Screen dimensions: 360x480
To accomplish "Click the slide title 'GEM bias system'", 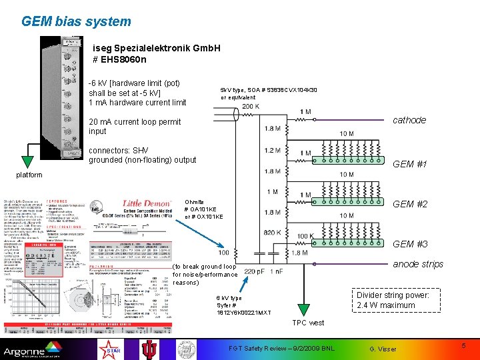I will tap(76, 21).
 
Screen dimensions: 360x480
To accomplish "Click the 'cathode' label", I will tap(409, 120).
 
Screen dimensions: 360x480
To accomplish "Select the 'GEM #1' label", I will tap(410, 164).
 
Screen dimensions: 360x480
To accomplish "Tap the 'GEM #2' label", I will tap(410, 204).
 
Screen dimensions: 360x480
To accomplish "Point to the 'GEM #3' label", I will tap(410, 244).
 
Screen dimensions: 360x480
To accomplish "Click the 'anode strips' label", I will tap(418, 264).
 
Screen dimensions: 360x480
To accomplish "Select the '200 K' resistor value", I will tap(251, 107).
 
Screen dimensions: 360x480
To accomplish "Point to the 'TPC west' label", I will tap(308, 323).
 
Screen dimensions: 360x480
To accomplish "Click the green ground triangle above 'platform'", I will tap(28, 161).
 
